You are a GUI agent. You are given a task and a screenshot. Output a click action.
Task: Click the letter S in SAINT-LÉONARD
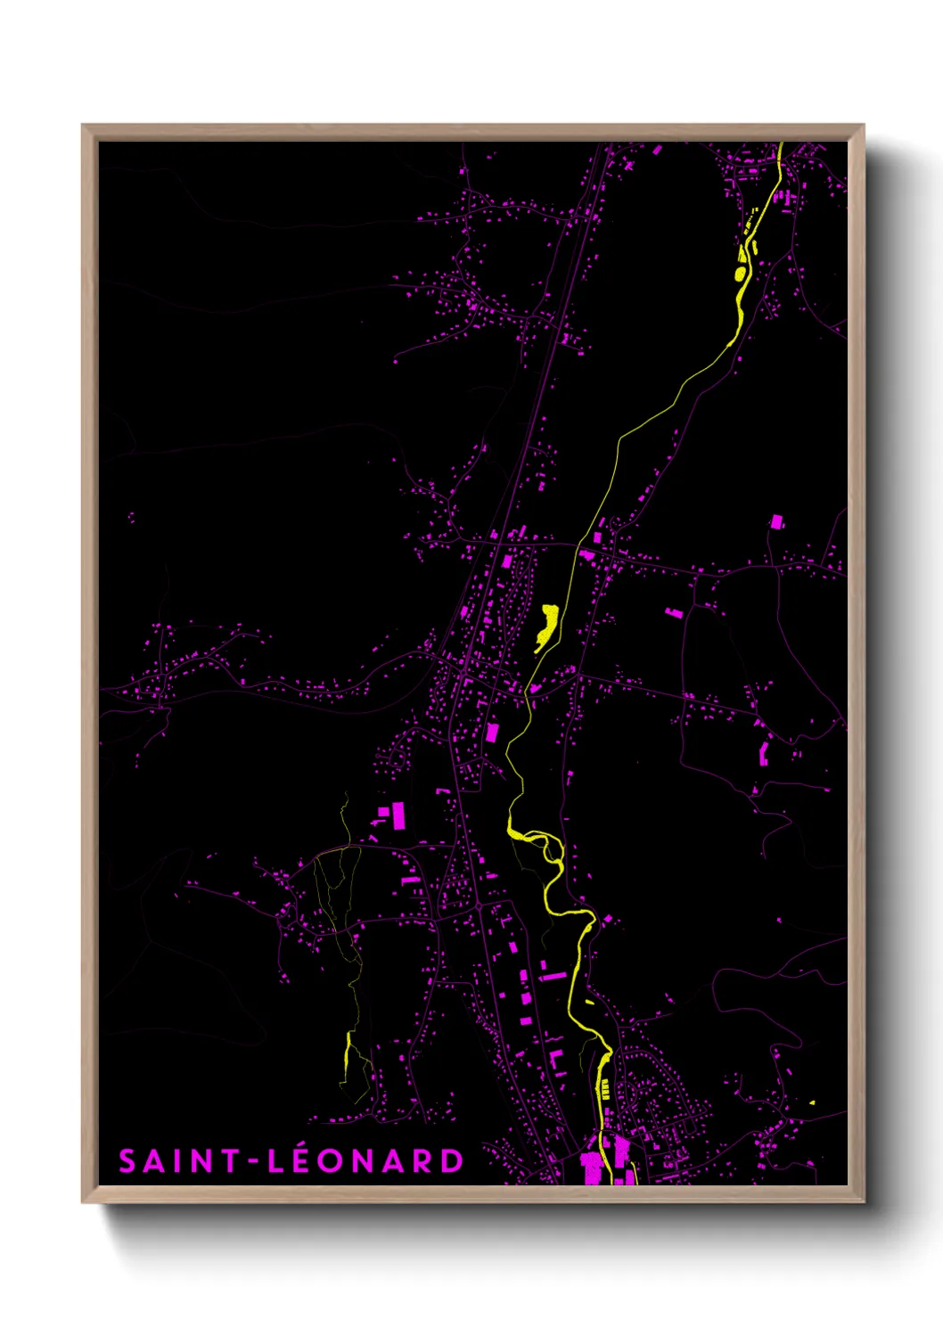pyautogui.click(x=128, y=1161)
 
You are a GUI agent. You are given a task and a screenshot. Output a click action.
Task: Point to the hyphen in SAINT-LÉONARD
pyautogui.click(x=253, y=1161)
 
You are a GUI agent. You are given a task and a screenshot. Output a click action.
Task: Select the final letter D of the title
pyautogui.click(x=453, y=1161)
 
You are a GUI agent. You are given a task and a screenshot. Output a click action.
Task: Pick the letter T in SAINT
pyautogui.click(x=230, y=1161)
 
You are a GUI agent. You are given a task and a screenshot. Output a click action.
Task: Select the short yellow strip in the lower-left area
pyautogui.click(x=347, y=1053)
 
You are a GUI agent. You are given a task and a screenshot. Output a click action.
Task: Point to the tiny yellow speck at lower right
pyautogui.click(x=812, y=1102)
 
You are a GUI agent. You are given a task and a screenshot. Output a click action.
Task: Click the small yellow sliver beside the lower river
pyautogui.click(x=589, y=1002)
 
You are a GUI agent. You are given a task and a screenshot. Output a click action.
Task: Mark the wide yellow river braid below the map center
pyautogui.click(x=535, y=838)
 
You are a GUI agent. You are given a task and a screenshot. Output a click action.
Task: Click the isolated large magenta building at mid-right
pyautogui.click(x=776, y=521)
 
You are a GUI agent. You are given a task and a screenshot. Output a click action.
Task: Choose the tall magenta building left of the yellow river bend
pyautogui.click(x=492, y=733)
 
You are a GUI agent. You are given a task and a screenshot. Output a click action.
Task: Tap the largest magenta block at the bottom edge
pyautogui.click(x=591, y=1167)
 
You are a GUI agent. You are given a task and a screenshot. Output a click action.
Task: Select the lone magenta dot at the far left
pyautogui.click(x=131, y=516)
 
